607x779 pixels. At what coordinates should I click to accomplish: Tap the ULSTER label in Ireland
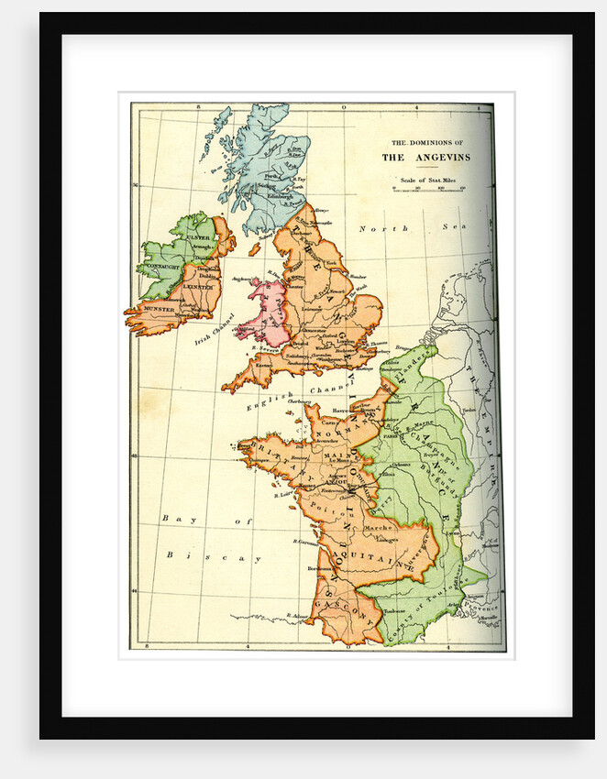199,238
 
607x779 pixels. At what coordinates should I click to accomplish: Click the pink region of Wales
264,307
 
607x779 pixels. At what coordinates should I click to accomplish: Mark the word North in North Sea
375,228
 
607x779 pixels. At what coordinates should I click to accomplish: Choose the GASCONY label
342,612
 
